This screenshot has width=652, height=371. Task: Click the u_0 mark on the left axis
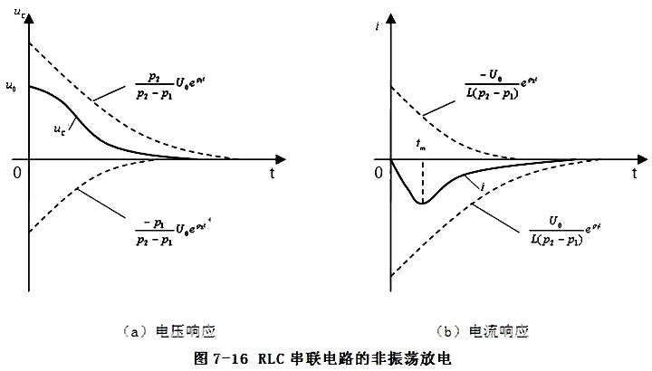(10, 87)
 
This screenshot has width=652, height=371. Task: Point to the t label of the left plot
(272, 170)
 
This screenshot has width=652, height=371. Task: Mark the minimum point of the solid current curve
(421, 203)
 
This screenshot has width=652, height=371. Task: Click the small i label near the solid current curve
(484, 186)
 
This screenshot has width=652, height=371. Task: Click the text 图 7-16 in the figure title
(221, 357)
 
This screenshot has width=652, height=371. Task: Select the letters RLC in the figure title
(272, 357)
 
